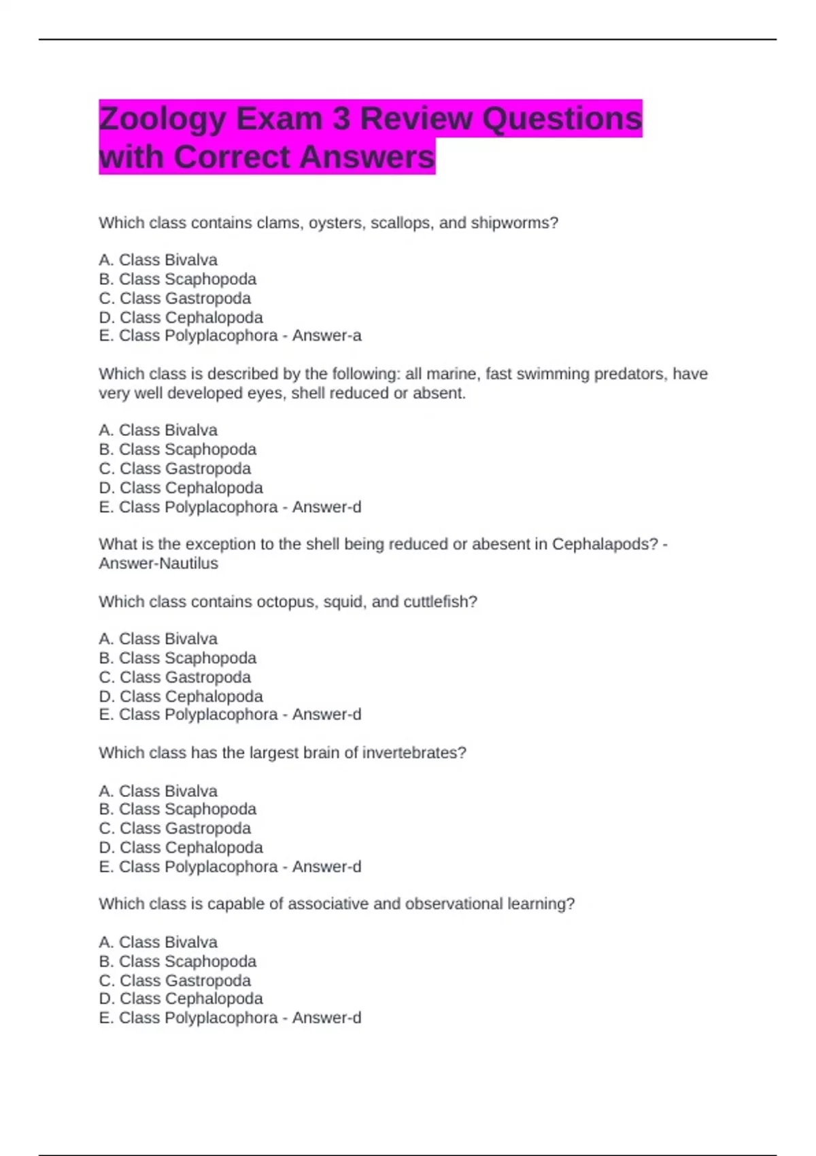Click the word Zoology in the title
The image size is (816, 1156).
(162, 120)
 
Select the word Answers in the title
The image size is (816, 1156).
(367, 157)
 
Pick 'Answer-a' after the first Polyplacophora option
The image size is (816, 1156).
(327, 336)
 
